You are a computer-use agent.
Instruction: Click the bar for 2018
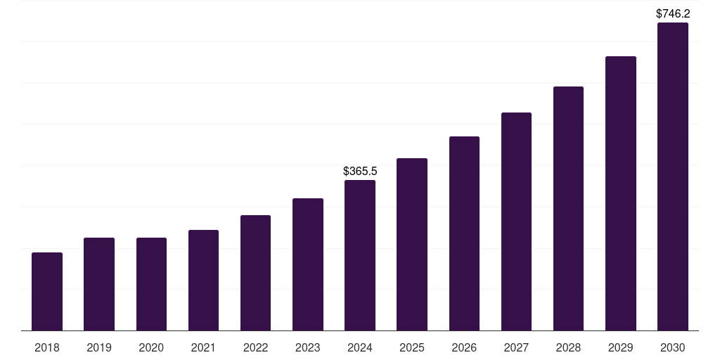click(x=47, y=291)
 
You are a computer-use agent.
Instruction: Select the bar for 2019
click(x=99, y=284)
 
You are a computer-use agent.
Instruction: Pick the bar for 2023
click(x=308, y=264)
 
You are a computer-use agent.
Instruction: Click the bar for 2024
click(x=360, y=255)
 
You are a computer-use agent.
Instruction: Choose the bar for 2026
click(x=464, y=233)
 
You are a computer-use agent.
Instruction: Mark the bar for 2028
click(x=568, y=208)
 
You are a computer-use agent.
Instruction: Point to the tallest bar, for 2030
click(x=673, y=176)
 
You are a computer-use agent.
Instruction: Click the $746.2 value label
click(x=673, y=13)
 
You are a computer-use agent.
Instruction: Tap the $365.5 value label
click(x=360, y=171)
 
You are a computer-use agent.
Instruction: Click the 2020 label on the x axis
click(x=151, y=348)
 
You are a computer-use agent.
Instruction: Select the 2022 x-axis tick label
click(x=255, y=348)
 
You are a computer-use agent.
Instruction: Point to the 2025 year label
click(x=412, y=348)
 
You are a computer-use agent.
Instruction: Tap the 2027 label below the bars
click(x=516, y=348)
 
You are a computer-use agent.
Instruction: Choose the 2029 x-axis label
click(x=621, y=348)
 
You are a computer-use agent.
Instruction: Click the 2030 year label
click(x=673, y=348)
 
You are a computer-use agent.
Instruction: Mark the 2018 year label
click(x=47, y=348)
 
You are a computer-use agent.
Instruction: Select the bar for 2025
click(x=412, y=244)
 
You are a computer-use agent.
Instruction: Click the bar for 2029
click(x=621, y=193)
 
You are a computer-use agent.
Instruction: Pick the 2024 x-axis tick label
click(x=360, y=348)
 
